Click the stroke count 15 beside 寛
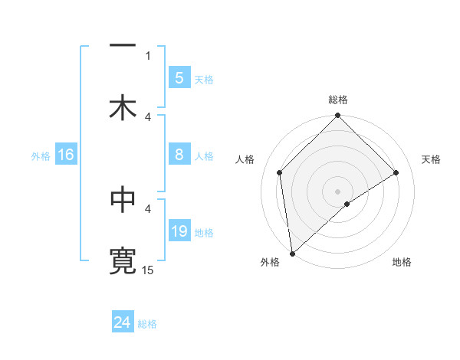pos(148,270)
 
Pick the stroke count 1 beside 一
pos(148,55)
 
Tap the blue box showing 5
pos(179,78)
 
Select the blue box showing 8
pos(179,155)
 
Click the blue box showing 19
pos(179,231)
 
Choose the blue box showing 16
pos(65,155)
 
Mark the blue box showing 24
pos(123,323)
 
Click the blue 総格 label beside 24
pos(147,324)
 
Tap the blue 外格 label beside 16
pos(41,155)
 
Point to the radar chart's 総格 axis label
pos(338,100)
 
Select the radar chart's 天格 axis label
pos(432,159)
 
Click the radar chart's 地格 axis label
pos(402,263)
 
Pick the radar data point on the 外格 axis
pos(291,254)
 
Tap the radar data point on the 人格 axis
pos(280,172)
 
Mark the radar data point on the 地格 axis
pos(347,204)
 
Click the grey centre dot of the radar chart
pos(338,191)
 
